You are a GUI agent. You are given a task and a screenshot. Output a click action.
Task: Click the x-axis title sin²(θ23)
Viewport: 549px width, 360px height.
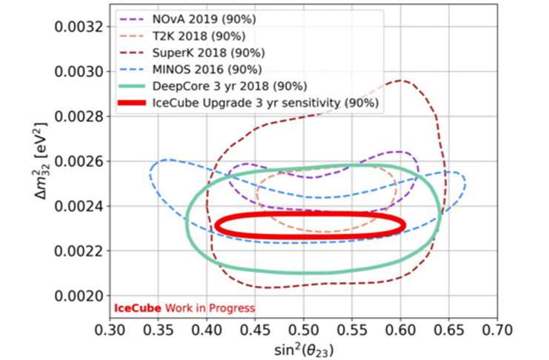[x=305, y=346]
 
